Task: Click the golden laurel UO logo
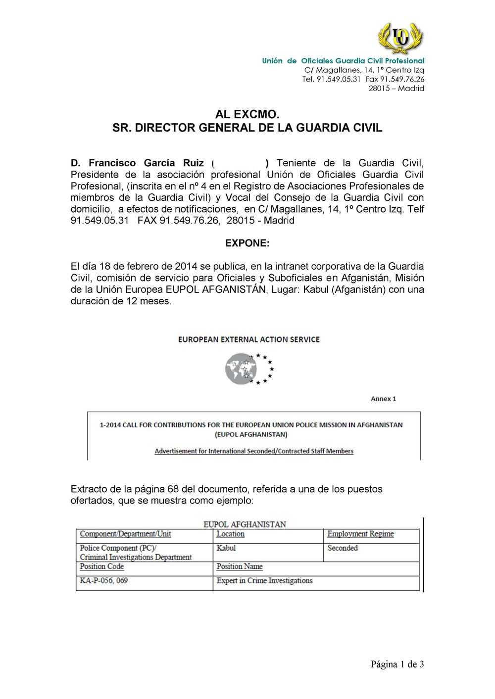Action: (x=400, y=38)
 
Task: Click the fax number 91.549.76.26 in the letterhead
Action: (x=401, y=79)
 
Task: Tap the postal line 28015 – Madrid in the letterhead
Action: (x=396, y=89)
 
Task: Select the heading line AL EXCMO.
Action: (x=247, y=114)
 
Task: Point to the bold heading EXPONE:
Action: (x=247, y=243)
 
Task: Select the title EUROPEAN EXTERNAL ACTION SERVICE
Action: (x=248, y=340)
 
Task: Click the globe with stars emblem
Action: (x=249, y=369)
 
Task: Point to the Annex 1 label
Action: (x=383, y=399)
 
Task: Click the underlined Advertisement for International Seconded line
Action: (x=254, y=451)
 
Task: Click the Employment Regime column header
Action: (x=360, y=534)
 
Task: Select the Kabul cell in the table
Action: (x=226, y=548)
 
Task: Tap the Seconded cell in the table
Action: (x=343, y=548)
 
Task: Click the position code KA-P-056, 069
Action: (x=104, y=581)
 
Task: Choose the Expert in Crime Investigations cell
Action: (x=264, y=581)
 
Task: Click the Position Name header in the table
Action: (x=240, y=567)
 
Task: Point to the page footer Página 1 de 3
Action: (x=397, y=664)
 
